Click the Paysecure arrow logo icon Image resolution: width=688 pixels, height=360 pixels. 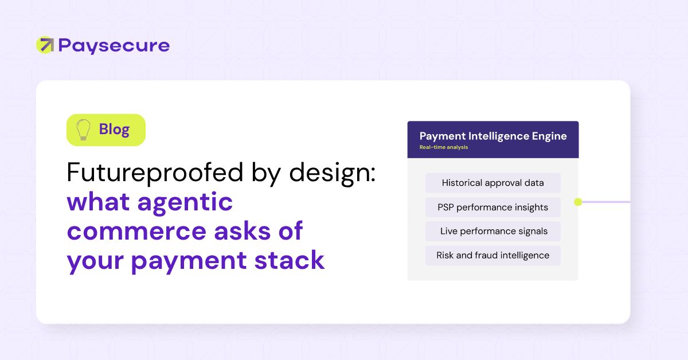click(x=45, y=45)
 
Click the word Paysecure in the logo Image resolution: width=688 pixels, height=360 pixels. click(x=114, y=46)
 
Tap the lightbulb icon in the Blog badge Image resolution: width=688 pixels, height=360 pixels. click(x=83, y=130)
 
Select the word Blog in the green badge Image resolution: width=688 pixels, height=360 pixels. click(x=114, y=130)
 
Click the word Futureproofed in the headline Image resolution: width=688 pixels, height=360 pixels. click(x=155, y=173)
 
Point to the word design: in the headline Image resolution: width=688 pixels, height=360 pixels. click(x=333, y=173)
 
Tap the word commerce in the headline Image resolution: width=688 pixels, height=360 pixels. click(x=136, y=231)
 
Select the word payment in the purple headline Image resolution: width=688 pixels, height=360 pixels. click(x=189, y=261)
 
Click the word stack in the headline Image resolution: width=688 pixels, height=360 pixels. click(x=290, y=260)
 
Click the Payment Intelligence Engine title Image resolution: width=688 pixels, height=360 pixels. click(x=493, y=136)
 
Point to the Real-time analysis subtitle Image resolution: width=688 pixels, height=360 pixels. click(x=444, y=147)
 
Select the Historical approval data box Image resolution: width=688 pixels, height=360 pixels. click(x=493, y=183)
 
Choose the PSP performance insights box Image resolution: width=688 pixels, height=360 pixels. click(x=493, y=207)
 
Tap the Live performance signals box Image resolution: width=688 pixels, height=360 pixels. click(x=493, y=231)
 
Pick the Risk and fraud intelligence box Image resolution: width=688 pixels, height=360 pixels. click(x=493, y=255)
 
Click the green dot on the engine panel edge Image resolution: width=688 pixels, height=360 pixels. click(x=578, y=202)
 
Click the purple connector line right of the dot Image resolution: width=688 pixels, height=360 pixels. click(x=606, y=202)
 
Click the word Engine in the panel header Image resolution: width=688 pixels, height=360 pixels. click(x=549, y=136)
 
